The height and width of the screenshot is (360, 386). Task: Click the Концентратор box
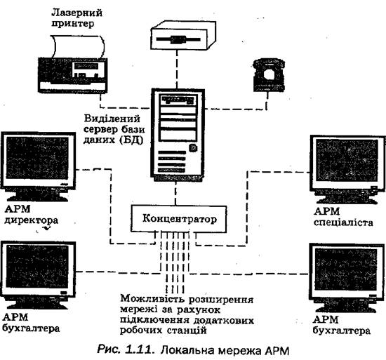click(x=178, y=219)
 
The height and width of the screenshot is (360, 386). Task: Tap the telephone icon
click(x=269, y=75)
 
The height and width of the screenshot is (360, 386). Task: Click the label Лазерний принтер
click(x=76, y=18)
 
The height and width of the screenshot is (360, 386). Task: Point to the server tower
click(x=178, y=135)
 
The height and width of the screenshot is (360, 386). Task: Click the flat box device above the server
click(x=183, y=35)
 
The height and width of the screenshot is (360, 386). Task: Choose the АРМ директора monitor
click(x=38, y=167)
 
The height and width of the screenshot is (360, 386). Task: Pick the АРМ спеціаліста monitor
click(x=347, y=169)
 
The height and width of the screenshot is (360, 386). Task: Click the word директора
click(x=32, y=220)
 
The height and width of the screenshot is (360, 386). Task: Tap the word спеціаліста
click(x=343, y=222)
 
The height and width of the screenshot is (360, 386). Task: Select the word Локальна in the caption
click(x=187, y=350)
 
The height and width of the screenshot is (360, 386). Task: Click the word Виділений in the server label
click(x=112, y=119)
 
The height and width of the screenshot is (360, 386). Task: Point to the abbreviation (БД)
click(x=131, y=140)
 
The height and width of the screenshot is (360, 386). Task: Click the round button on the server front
click(x=193, y=148)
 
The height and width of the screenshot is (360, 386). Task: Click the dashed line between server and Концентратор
click(x=175, y=194)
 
